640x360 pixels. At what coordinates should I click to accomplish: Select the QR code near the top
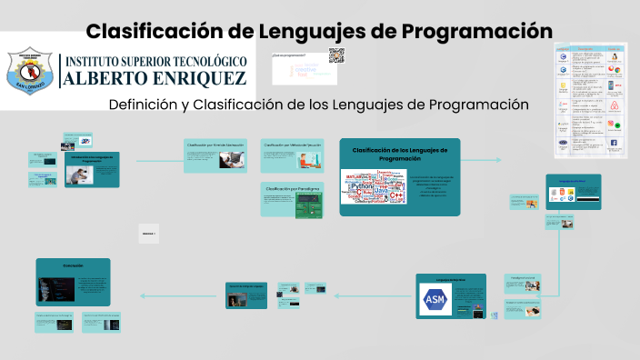click(x=336, y=55)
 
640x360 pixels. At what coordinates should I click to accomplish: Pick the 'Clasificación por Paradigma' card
click(x=291, y=199)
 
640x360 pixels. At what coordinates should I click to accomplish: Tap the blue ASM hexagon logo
click(x=435, y=299)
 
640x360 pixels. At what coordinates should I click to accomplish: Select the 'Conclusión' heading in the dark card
click(x=73, y=265)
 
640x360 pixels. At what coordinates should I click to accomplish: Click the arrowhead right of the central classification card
click(x=497, y=160)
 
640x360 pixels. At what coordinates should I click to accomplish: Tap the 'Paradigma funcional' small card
click(x=522, y=270)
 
